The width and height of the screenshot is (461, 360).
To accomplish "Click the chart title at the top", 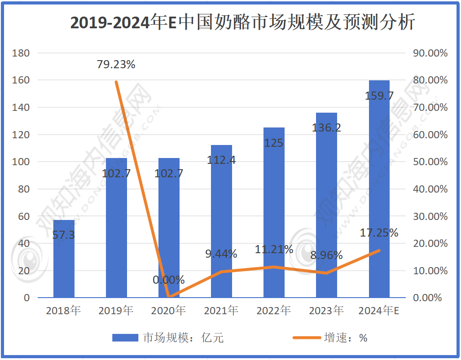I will click(x=242, y=22).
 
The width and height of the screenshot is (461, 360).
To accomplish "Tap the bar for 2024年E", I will click(x=379, y=189).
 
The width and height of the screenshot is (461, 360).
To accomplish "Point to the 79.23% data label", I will click(x=116, y=65).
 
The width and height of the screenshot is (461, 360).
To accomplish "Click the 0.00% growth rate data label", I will click(x=169, y=280).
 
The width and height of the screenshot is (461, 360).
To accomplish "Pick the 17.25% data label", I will click(x=379, y=233).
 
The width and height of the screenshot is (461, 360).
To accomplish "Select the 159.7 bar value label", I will click(x=379, y=96).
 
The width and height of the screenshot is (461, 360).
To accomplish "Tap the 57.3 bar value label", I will click(x=64, y=235).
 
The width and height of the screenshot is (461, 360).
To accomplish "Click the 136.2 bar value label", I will click(x=326, y=128).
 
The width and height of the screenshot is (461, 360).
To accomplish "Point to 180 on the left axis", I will click(x=21, y=53).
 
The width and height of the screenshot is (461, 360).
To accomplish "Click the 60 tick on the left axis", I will click(x=24, y=216).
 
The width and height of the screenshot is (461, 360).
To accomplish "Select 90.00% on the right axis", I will click(x=430, y=53).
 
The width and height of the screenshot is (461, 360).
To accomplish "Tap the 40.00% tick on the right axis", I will click(x=430, y=189).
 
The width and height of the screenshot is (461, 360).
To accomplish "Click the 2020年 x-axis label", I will click(x=168, y=310).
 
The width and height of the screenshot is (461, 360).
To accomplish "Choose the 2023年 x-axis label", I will click(x=326, y=310).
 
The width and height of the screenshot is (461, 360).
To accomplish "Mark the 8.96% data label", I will click(x=326, y=255).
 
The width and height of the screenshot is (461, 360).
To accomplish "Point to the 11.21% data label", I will click(x=274, y=250).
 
